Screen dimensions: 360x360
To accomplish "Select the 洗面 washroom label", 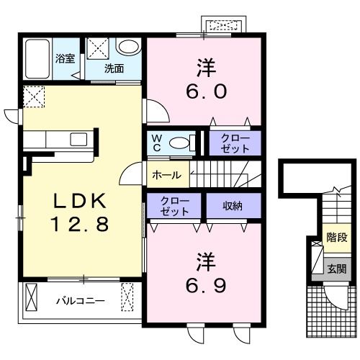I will tap(113, 69).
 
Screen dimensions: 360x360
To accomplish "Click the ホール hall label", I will tap(166, 175).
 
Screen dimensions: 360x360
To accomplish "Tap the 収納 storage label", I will tap(230, 207).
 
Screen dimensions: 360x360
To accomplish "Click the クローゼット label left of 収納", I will tap(175, 207).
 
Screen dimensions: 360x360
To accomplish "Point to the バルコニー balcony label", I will tap(80, 301).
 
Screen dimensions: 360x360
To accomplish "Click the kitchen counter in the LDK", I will tap(58, 139).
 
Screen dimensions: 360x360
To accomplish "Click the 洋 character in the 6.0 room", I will tap(202, 66).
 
